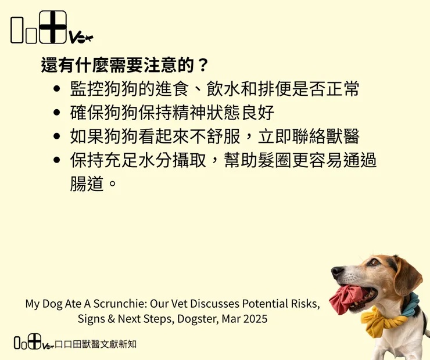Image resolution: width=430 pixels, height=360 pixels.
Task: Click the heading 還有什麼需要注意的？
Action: point(124,64)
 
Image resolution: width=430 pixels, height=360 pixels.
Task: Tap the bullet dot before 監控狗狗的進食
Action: point(56,89)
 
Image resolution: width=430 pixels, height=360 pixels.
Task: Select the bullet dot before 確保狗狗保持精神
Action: point(56,113)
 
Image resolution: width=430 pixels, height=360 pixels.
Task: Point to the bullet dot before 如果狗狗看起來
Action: point(56,136)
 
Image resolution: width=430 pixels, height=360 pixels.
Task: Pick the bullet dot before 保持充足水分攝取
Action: point(56,160)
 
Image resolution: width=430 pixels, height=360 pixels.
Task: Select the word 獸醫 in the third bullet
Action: point(342,136)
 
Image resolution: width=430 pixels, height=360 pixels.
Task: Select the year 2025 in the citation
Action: point(255,319)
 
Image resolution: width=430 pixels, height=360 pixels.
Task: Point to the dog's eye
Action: point(373,263)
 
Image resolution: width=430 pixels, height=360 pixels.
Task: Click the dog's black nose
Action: point(337,272)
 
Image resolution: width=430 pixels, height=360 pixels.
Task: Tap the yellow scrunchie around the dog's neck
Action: point(384,321)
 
